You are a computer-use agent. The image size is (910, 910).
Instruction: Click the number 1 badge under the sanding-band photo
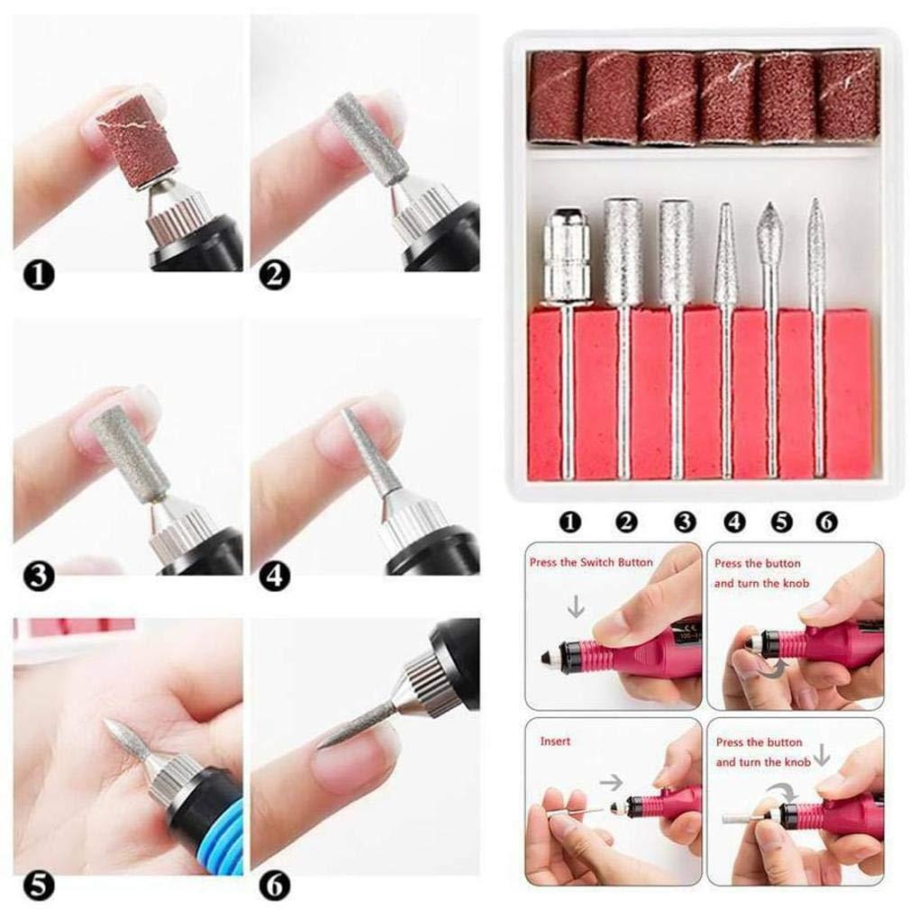coord(39,276)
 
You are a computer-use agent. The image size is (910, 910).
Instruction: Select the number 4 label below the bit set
coord(734,522)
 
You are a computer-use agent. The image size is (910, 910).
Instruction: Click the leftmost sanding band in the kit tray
coord(555,97)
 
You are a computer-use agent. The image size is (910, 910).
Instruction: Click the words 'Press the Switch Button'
coord(591,562)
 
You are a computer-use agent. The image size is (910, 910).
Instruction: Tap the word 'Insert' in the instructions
coord(555,742)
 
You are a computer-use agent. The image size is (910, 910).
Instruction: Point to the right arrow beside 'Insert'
coord(611,783)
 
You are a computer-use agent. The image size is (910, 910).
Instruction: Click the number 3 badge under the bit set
coord(684,522)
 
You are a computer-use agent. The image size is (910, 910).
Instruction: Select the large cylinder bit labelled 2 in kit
coord(623,251)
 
